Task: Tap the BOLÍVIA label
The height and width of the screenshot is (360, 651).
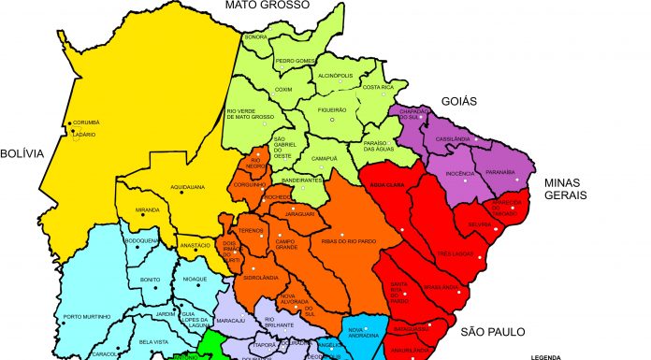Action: (x=22, y=153)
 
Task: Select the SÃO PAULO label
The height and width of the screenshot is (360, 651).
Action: (x=493, y=331)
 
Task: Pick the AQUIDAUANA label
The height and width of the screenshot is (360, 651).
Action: (x=188, y=187)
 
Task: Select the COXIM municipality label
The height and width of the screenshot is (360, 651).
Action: (x=283, y=90)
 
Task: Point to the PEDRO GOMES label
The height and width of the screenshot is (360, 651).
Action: (x=296, y=61)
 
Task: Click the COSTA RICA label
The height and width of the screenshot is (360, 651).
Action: (x=381, y=87)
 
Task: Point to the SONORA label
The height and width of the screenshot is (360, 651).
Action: (x=255, y=37)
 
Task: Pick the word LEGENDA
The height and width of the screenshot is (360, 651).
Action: (x=547, y=356)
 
